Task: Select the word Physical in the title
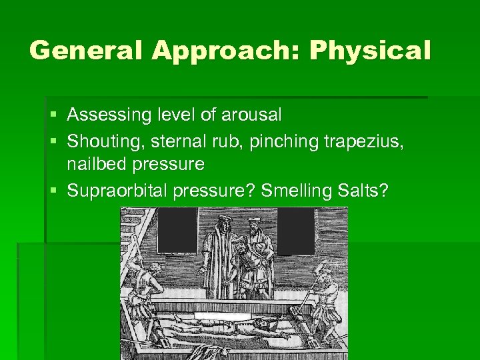[370, 51]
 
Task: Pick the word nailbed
[99, 163]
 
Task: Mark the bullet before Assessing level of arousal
[53, 115]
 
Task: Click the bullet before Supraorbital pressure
[53, 191]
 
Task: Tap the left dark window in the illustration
[177, 231]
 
